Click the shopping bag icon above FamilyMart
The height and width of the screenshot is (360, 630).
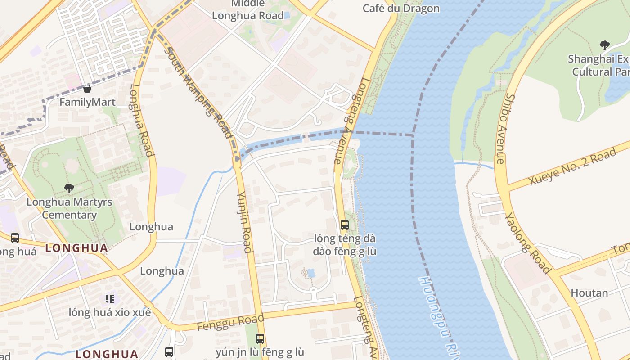point(87,89)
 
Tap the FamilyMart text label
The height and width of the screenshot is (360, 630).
point(87,102)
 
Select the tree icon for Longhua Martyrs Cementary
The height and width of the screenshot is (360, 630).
point(69,188)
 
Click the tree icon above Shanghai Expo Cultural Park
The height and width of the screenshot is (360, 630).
point(604,45)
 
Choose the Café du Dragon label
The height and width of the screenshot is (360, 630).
point(400,8)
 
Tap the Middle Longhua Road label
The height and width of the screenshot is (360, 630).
point(248,10)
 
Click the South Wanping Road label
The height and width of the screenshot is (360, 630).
point(198,92)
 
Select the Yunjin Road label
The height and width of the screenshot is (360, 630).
point(244,221)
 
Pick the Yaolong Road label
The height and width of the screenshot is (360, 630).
point(527,243)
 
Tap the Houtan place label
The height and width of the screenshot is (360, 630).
point(589,293)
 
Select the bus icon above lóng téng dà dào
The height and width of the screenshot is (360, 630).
point(344,225)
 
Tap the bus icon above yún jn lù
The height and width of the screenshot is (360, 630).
point(260,338)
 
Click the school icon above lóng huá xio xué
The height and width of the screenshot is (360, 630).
point(109,298)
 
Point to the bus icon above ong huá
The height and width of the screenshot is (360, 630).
point(15,238)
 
